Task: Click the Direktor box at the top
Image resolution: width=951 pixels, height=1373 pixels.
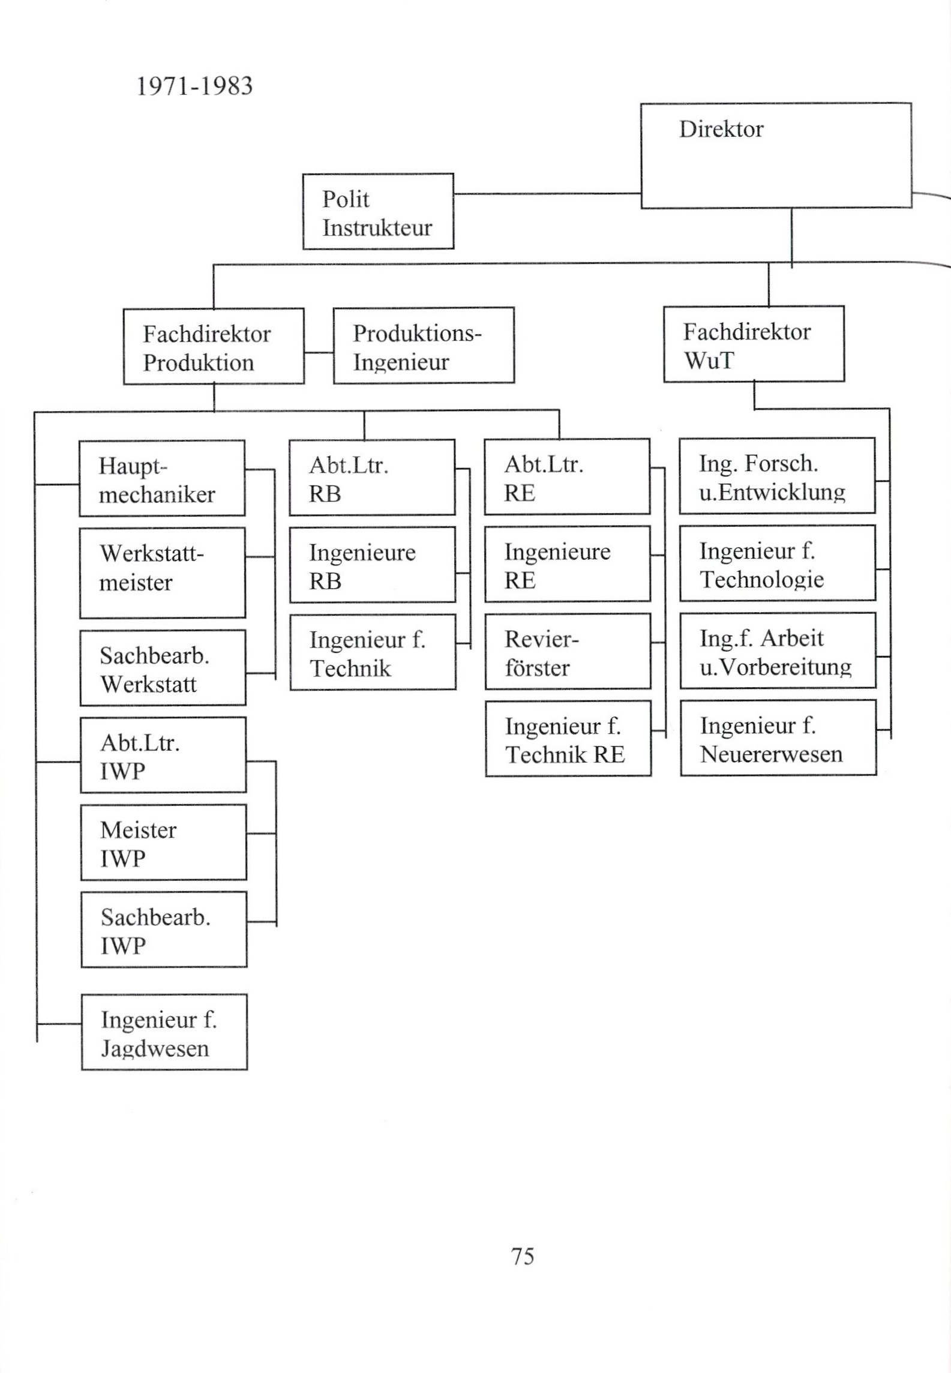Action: [776, 155]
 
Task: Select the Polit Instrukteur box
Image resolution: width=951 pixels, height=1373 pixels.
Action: [378, 211]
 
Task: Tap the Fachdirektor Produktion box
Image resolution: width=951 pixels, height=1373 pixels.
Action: [214, 346]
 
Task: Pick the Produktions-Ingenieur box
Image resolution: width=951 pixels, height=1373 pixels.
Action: [424, 346]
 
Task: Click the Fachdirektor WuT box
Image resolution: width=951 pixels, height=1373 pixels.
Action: [754, 344]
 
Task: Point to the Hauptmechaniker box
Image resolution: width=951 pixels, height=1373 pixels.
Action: [162, 478]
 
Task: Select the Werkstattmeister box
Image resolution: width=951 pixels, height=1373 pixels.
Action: [163, 572]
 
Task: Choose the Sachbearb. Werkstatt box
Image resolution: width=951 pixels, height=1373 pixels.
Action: [163, 667]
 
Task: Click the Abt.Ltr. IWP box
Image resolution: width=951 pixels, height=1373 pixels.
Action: [163, 755]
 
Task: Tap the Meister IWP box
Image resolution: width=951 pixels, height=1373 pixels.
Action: [163, 843]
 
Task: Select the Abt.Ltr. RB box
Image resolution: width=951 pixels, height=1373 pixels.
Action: [372, 478]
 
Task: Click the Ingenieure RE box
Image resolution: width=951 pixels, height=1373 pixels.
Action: [568, 564]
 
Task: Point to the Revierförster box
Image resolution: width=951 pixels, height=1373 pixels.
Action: [568, 651]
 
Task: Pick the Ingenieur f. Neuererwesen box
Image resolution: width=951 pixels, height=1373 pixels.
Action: [778, 738]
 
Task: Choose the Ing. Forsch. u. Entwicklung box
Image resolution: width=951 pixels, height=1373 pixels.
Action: [777, 476]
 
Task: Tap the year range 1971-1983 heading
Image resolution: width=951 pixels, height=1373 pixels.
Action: [194, 86]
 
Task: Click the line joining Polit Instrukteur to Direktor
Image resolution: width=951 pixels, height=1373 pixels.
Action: [547, 194]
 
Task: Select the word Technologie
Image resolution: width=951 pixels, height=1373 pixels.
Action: [761, 579]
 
